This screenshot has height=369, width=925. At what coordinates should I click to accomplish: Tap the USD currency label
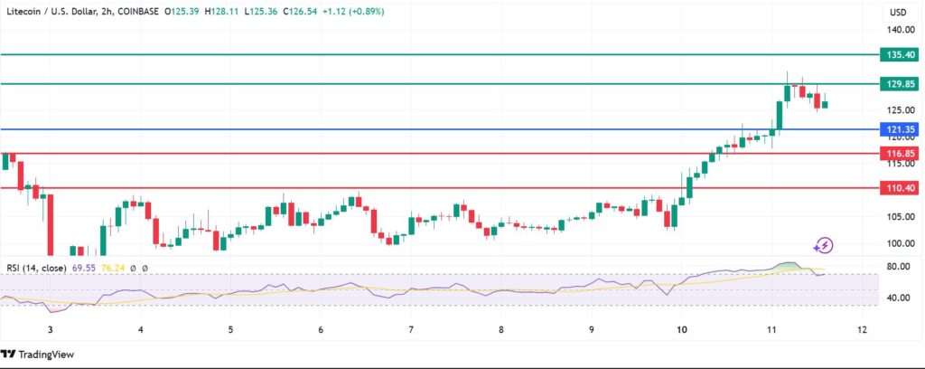click(x=898, y=13)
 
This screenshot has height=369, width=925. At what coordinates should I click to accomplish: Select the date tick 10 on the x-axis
click(x=682, y=330)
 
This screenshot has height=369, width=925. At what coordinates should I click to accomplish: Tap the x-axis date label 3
click(x=51, y=330)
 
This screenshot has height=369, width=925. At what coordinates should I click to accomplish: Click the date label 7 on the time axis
click(x=411, y=330)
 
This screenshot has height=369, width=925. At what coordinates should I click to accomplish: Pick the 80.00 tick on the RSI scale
click(x=898, y=267)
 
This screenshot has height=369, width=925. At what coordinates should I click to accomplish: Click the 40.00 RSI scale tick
click(x=898, y=298)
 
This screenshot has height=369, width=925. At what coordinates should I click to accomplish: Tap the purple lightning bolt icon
click(x=823, y=244)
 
